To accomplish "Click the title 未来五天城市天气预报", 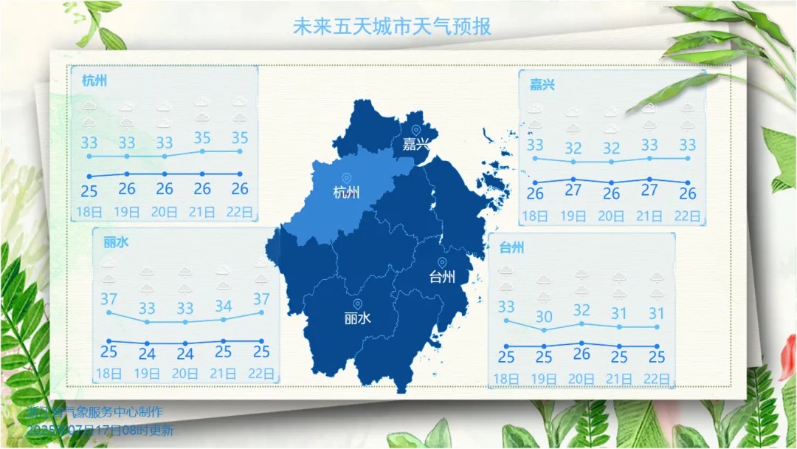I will click(392, 27).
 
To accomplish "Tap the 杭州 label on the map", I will click(346, 193).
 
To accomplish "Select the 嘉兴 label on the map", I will click(415, 144).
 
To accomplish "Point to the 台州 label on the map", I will click(442, 277).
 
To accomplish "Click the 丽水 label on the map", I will click(357, 318).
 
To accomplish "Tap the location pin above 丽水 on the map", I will click(357, 304).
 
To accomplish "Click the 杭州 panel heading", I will click(94, 80).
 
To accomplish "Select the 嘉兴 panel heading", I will click(542, 84).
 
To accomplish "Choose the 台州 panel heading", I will click(511, 247).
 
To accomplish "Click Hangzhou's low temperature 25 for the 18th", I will click(89, 191).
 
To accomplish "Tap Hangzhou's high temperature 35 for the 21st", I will click(202, 138).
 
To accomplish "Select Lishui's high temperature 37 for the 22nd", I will click(261, 300).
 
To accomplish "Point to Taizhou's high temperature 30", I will click(544, 317).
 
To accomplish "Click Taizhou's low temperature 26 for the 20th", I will click(582, 354).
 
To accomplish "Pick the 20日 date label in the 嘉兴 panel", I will click(611, 216).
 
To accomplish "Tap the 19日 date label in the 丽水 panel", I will click(147, 374).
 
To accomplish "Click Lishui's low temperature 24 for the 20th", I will click(184, 354).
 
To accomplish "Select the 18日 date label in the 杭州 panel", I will click(89, 212).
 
